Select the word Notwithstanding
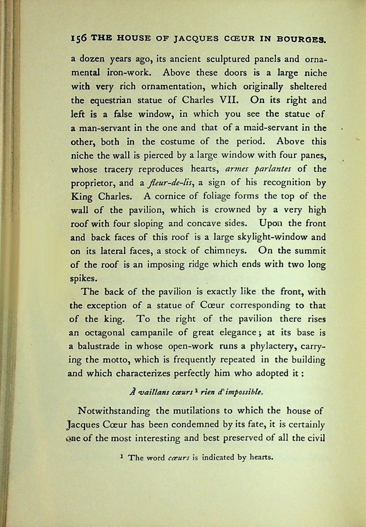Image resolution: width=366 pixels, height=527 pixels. click(x=114, y=411)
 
